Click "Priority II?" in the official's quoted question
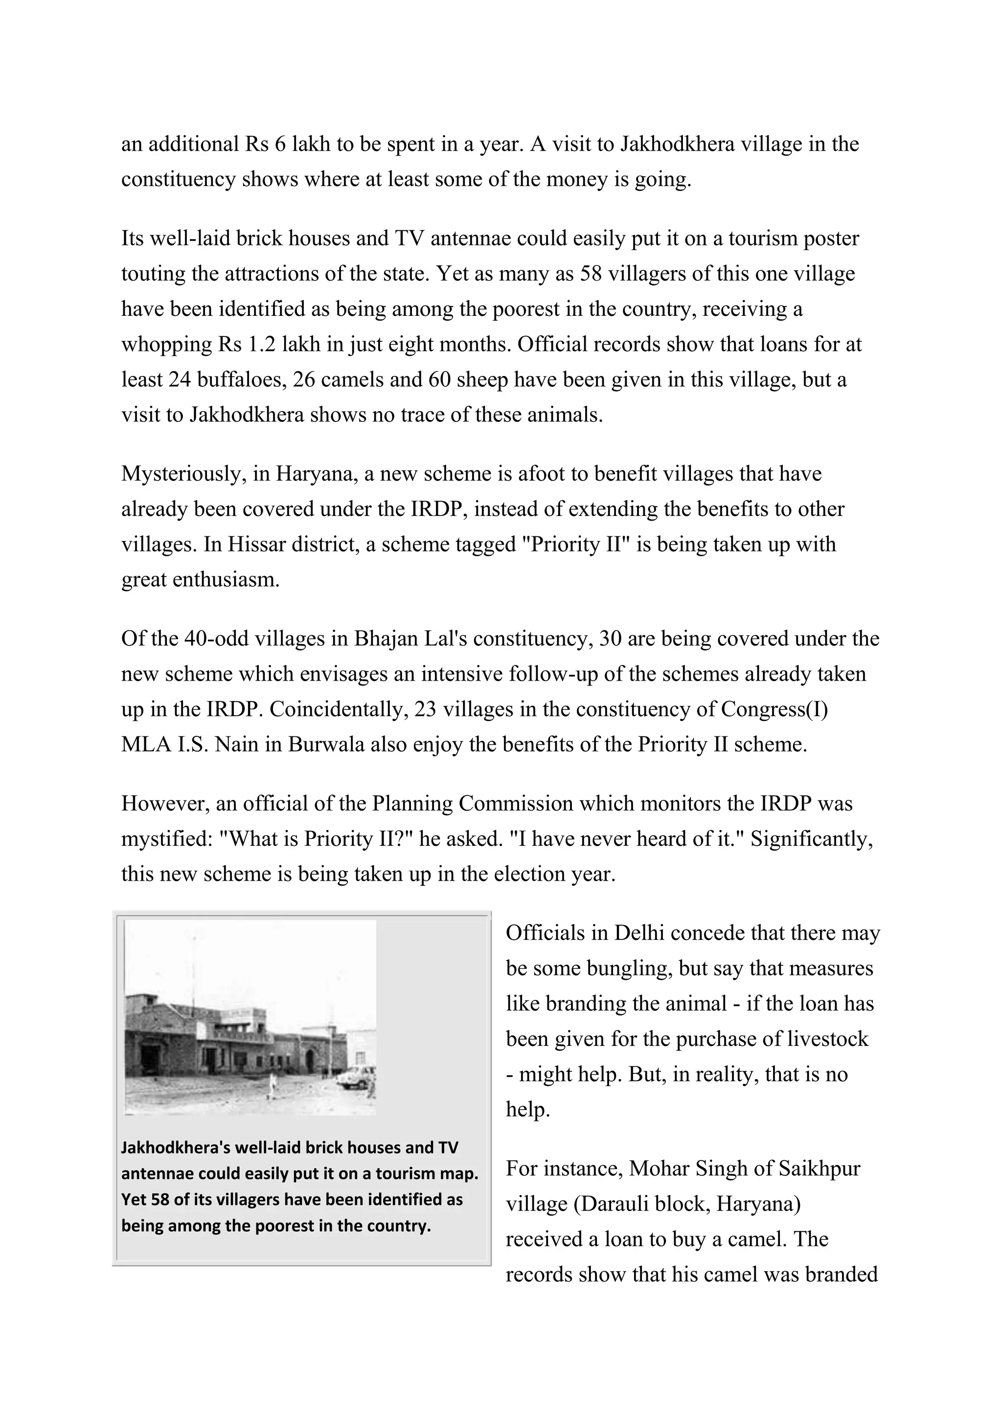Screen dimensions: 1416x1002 tap(358, 839)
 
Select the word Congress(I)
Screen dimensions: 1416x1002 tap(774, 709)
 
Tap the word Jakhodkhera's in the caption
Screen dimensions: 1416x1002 tap(175, 1147)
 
